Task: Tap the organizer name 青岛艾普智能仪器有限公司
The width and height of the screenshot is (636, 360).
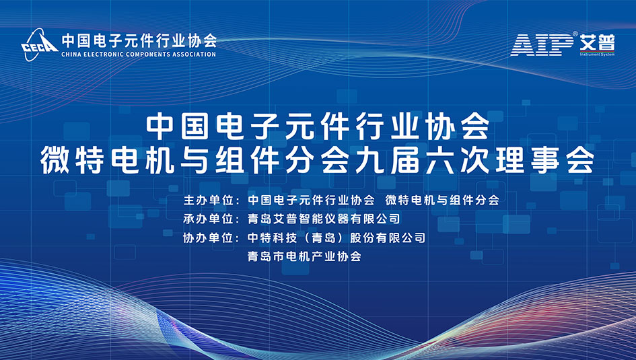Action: [x=324, y=219]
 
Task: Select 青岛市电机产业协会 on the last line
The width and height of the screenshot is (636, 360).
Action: [x=305, y=256]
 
